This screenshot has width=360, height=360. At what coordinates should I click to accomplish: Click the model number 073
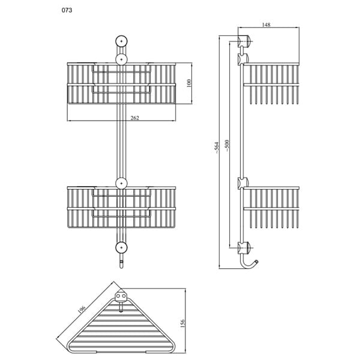point(67,10)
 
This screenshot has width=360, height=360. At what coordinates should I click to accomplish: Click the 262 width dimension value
point(135,118)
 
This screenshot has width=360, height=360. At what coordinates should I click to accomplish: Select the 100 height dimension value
point(189,83)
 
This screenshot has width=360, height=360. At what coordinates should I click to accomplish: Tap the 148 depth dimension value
point(266,25)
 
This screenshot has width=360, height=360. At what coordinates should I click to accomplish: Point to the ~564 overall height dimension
point(217,148)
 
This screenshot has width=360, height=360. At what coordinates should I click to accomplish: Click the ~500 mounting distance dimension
point(227,146)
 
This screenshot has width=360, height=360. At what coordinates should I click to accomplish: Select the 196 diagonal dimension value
point(82,309)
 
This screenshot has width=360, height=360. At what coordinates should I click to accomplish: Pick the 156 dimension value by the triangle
point(182,323)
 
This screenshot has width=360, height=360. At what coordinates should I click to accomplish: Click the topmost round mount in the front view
point(121,41)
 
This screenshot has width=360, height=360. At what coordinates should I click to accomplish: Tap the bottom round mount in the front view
point(121,247)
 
